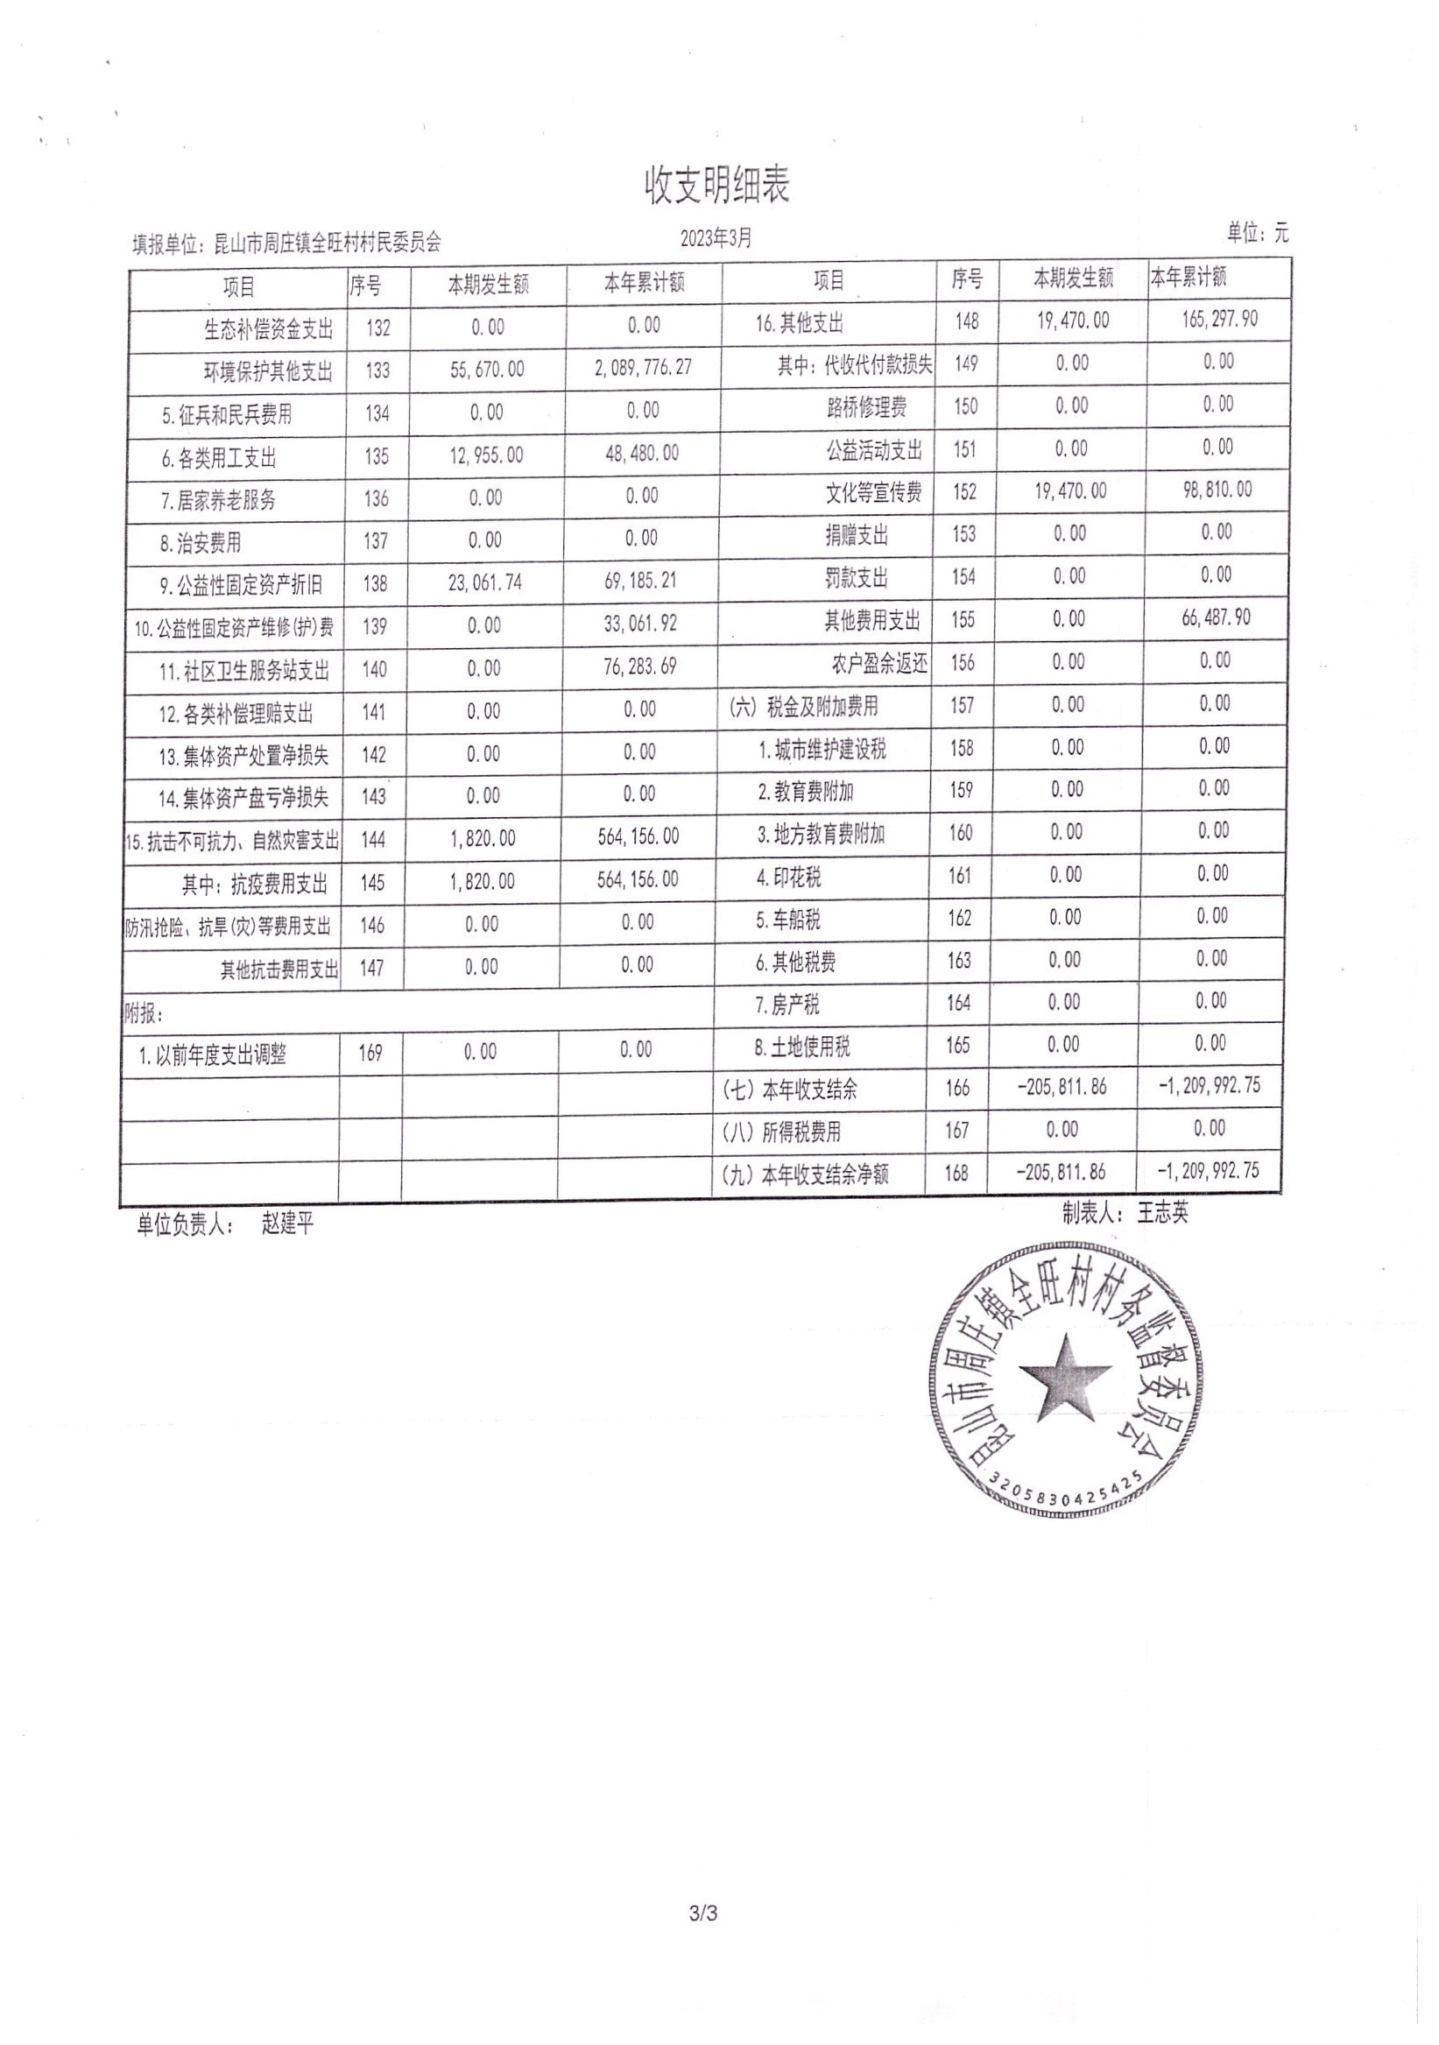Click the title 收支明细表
(716, 187)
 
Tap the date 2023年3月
(716, 239)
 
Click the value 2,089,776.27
(643, 368)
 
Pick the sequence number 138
(376, 583)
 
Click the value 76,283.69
(639, 666)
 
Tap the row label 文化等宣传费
(872, 492)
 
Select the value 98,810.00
(1217, 489)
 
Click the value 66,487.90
(1216, 617)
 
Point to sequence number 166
(958, 1088)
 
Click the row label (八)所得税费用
(781, 1132)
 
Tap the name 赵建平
(287, 1224)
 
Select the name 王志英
(1162, 1213)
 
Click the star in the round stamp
(1064, 1387)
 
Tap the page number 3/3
(703, 1938)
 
